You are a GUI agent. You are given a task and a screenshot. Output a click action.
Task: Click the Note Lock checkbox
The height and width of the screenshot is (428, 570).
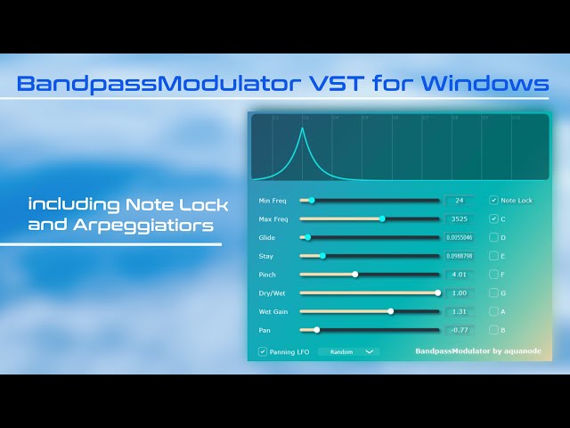(494, 201)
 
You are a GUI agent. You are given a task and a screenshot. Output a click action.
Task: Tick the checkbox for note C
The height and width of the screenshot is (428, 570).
(494, 218)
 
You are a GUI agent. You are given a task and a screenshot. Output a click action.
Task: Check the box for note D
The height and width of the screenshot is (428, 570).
(494, 238)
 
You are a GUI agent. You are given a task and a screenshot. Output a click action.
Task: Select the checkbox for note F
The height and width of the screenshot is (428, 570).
(494, 275)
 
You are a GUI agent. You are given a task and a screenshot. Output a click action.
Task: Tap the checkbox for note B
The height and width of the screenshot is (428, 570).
(494, 330)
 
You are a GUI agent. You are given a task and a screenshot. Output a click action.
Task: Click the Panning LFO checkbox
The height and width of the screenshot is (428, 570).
(262, 351)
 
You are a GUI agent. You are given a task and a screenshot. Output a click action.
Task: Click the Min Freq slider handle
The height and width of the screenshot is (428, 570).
(311, 201)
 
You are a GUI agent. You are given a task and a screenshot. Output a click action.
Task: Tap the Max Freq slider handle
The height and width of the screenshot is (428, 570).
(382, 218)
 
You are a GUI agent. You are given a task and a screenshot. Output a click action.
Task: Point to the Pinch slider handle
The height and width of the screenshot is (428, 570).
(354, 275)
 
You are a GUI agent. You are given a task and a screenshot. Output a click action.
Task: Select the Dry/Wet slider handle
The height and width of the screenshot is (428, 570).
(437, 292)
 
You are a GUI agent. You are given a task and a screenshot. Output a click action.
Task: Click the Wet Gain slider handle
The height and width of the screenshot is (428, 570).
(390, 311)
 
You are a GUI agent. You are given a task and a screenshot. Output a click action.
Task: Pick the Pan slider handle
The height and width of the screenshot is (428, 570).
(316, 330)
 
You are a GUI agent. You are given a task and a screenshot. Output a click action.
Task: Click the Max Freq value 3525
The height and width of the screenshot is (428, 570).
(460, 218)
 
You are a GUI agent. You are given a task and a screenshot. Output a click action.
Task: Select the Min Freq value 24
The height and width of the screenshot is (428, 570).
(460, 201)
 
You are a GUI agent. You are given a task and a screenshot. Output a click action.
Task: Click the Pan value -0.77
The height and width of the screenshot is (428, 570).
(460, 330)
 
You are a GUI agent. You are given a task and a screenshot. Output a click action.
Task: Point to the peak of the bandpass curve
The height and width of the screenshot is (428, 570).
(302, 129)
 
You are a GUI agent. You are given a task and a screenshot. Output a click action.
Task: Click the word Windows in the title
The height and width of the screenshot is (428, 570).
(486, 85)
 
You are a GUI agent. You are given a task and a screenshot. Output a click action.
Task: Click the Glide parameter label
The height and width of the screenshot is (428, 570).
(266, 238)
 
